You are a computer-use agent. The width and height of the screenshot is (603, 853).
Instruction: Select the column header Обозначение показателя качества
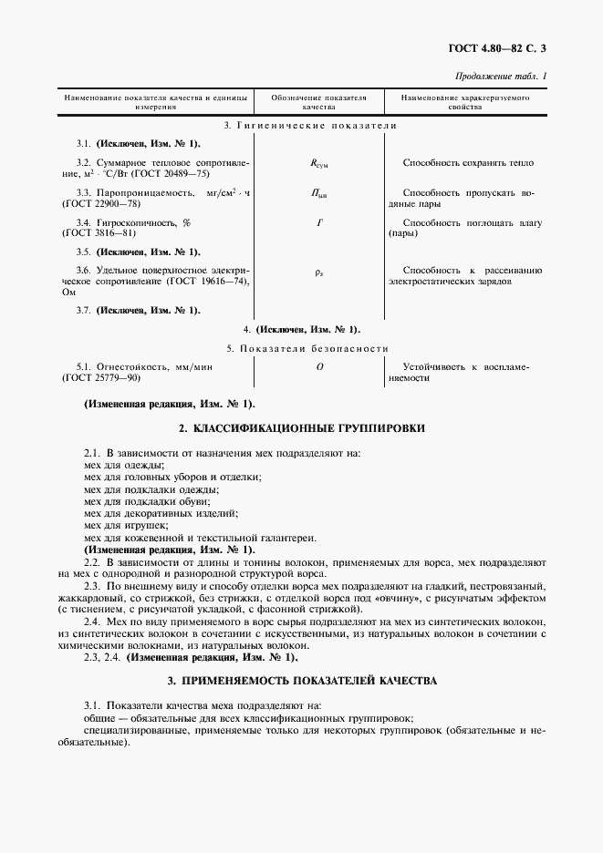(319, 100)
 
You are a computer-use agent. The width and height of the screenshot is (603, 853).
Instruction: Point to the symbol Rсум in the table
(319, 164)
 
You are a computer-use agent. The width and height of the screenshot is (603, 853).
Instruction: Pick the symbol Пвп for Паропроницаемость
(319, 194)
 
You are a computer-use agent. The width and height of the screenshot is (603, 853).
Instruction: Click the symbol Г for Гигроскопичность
(319, 222)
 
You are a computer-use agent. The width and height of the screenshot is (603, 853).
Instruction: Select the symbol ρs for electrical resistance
(319, 272)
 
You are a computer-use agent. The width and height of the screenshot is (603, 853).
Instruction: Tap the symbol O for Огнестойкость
(319, 366)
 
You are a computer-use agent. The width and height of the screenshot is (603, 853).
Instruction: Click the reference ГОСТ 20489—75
(173, 172)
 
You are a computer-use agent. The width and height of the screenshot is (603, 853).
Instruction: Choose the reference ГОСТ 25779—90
(100, 376)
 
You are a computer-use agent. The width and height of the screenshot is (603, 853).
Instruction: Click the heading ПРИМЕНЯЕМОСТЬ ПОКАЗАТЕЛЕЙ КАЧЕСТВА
(302, 681)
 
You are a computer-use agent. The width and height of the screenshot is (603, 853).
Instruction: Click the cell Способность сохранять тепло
(468, 163)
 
